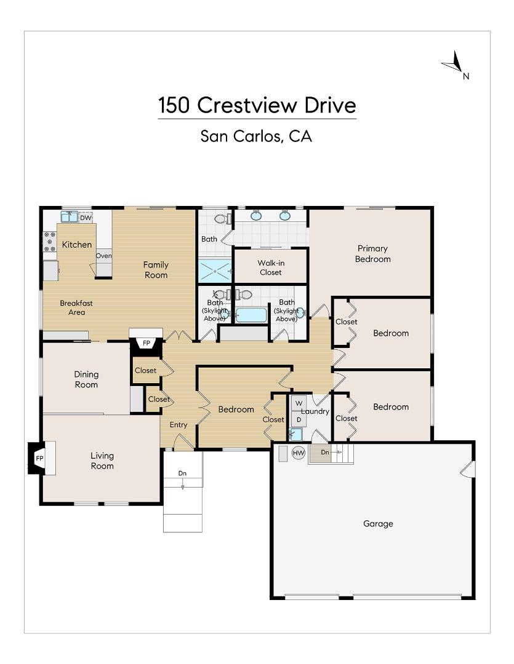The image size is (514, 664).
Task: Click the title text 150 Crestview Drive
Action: tap(257, 105)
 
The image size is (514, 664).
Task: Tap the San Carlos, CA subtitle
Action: tap(256, 136)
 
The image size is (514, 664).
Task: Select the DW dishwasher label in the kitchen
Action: tap(86, 218)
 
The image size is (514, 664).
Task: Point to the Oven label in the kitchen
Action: tap(103, 256)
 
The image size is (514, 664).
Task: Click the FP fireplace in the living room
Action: tap(39, 459)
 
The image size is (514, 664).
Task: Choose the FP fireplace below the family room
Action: tap(147, 342)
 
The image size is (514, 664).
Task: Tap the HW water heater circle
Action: tap(299, 453)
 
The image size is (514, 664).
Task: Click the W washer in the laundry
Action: tap(299, 403)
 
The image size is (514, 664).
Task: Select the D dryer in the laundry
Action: tap(299, 419)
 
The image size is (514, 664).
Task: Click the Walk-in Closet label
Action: tap(270, 267)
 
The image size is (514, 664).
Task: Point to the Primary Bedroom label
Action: tap(372, 254)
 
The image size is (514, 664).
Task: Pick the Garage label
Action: tap(378, 524)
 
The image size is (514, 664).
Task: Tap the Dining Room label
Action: tap(86, 379)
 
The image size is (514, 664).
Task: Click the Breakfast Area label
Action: tap(76, 307)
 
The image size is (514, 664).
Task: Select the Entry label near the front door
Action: tap(179, 425)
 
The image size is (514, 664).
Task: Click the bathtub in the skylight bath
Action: tap(251, 315)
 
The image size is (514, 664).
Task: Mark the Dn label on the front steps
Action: tap(182, 473)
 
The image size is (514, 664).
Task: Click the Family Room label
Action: tap(156, 270)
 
